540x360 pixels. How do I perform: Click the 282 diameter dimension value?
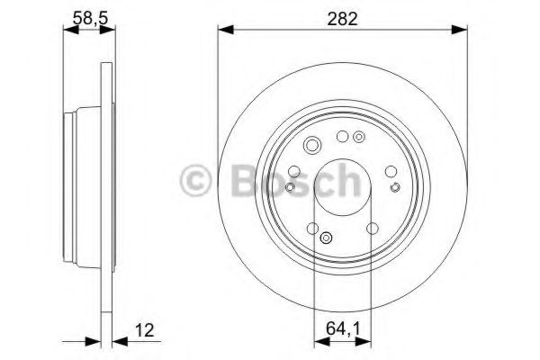(343, 17)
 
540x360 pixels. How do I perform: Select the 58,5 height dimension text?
(88, 17)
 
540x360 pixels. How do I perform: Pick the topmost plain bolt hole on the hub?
(342, 136)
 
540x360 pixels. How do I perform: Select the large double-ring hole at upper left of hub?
(311, 147)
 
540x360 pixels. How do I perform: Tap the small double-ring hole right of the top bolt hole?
(359, 137)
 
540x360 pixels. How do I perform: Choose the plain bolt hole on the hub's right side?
(390, 171)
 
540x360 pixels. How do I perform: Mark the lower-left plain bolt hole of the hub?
(312, 229)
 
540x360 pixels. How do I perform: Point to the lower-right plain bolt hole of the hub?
(372, 229)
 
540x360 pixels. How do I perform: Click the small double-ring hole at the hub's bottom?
(326, 239)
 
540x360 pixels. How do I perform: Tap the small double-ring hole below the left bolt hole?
(290, 186)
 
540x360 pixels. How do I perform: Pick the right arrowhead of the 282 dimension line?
(463, 31)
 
